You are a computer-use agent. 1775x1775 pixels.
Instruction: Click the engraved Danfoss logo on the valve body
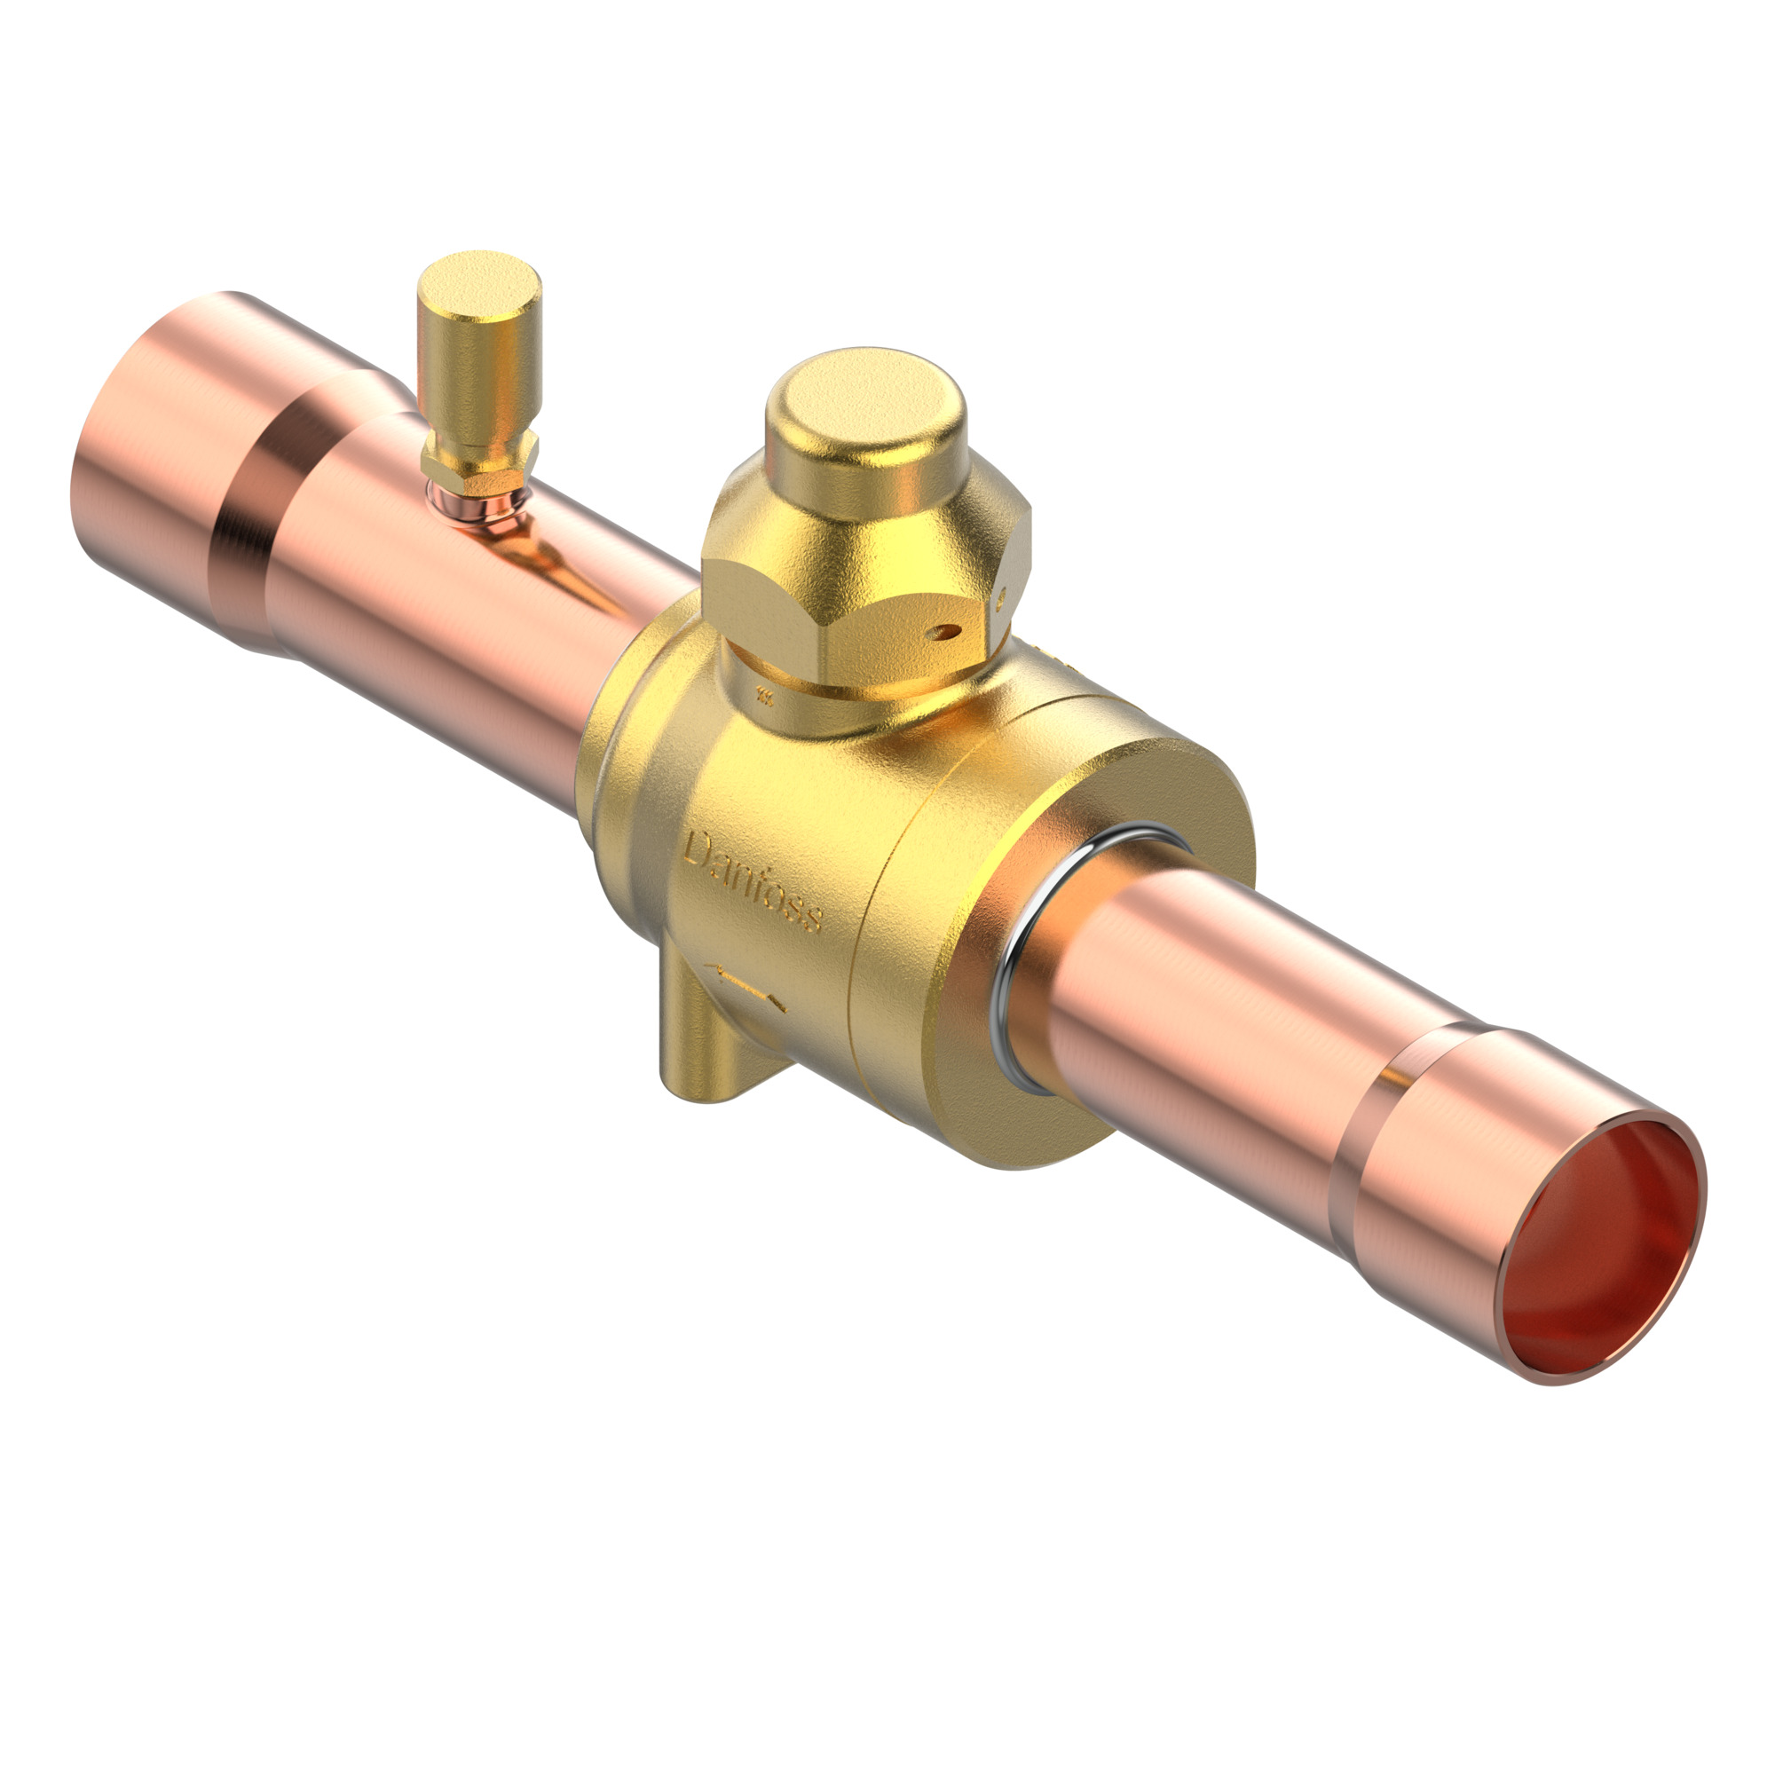pos(753,881)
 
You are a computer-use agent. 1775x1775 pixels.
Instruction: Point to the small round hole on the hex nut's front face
pos(945,631)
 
